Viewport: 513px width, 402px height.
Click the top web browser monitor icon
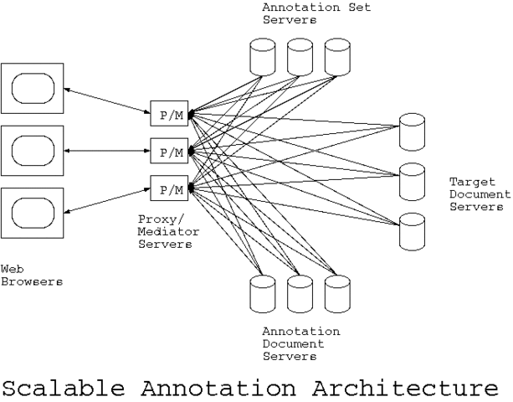[33, 86]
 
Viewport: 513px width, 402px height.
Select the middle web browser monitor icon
[33, 151]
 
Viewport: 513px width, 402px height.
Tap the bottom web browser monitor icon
[33, 214]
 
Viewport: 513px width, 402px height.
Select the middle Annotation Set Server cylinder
[300, 57]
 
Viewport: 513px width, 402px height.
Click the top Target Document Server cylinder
[411, 131]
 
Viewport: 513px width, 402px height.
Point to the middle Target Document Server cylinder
[411, 180]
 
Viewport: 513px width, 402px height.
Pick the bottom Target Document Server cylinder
[411, 230]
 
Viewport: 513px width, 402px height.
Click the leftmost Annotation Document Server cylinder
[263, 293]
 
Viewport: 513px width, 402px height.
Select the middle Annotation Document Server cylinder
[300, 293]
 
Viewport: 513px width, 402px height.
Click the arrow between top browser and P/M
[105, 98]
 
